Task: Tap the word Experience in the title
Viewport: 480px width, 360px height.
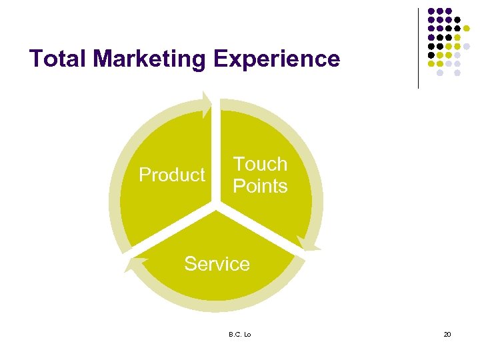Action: point(277,59)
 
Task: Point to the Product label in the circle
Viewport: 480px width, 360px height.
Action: point(172,175)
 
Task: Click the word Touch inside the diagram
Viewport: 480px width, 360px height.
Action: point(260,164)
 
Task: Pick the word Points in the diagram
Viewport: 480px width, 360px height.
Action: point(260,186)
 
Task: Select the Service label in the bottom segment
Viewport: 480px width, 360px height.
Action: point(217,264)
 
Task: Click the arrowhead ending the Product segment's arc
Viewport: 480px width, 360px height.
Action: point(207,103)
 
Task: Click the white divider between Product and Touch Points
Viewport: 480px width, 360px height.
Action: point(216,153)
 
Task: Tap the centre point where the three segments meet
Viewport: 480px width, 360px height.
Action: point(216,209)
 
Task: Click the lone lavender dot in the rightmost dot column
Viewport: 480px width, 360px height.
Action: point(467,46)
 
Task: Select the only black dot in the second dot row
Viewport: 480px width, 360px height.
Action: point(457,20)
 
